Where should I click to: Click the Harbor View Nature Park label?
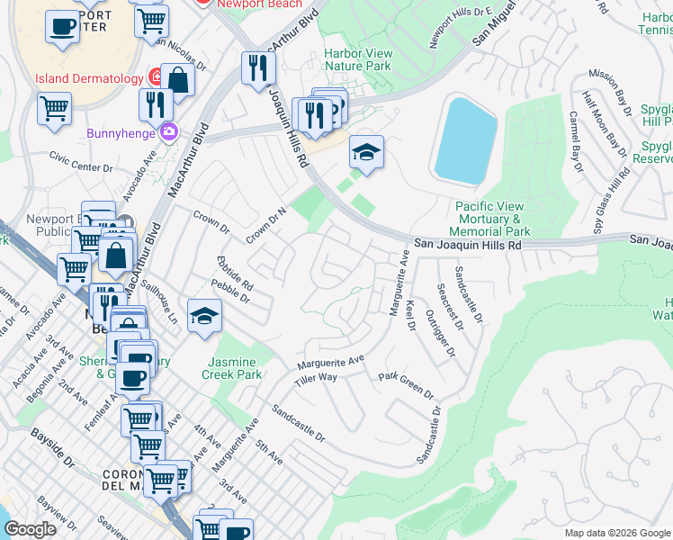(357, 59)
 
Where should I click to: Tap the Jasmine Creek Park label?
(231, 367)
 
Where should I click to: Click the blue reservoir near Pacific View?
(465, 140)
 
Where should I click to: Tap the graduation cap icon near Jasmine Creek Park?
(204, 317)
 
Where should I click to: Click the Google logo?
(30, 529)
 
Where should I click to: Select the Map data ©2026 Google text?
(616, 533)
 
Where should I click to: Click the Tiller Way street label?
(315, 378)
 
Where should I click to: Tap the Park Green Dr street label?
(406, 385)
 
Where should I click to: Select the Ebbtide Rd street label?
(235, 274)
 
